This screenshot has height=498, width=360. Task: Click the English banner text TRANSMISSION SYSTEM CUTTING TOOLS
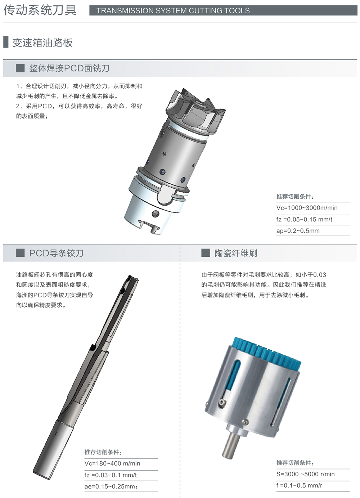pyautogui.click(x=173, y=10)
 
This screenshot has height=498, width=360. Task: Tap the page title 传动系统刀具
pyautogui.click(x=40, y=10)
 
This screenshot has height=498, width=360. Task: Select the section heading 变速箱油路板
pyautogui.click(x=42, y=42)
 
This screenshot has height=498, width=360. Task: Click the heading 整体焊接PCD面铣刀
pyautogui.click(x=69, y=68)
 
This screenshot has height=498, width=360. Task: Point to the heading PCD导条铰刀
pyautogui.click(x=57, y=253)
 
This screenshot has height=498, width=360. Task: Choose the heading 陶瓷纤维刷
pyautogui.click(x=236, y=253)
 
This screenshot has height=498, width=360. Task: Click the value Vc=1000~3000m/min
pyautogui.click(x=307, y=208)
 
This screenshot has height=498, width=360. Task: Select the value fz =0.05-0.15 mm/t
pyautogui.click(x=304, y=219)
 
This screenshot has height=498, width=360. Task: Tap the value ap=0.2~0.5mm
pyautogui.click(x=298, y=231)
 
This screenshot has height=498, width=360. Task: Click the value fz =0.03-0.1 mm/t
pyautogui.click(x=111, y=475)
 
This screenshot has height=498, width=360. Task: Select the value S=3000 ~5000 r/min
pyautogui.click(x=305, y=474)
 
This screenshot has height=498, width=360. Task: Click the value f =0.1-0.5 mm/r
pyautogui.click(x=299, y=485)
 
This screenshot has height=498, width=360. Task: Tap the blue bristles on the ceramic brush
pyautogui.click(x=267, y=354)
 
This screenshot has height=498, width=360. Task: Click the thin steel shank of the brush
pyautogui.click(x=230, y=445)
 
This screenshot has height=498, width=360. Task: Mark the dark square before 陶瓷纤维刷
pyautogui.click(x=206, y=253)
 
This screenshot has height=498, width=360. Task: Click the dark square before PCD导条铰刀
pyautogui.click(x=20, y=253)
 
